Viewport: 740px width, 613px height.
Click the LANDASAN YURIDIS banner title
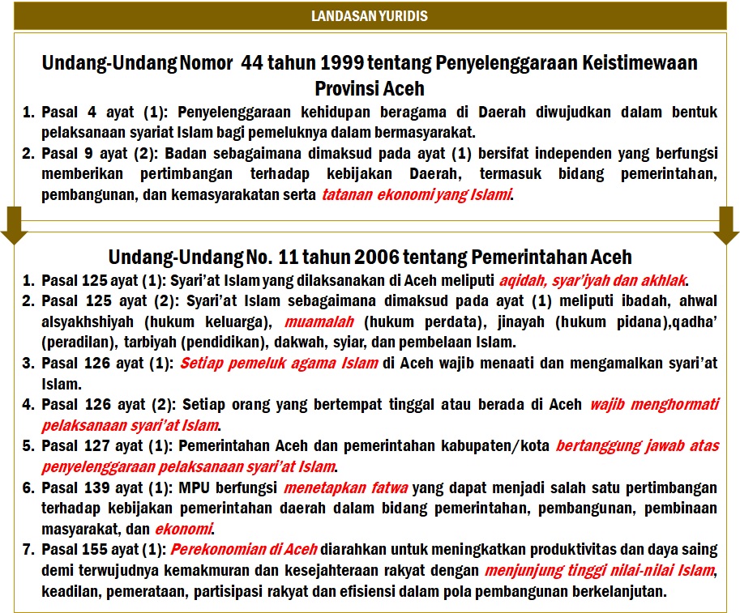[370, 15]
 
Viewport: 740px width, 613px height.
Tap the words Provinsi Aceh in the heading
[370, 87]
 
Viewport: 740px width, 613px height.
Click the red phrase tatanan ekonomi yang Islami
[417, 194]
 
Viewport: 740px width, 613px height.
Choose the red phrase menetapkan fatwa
[348, 487]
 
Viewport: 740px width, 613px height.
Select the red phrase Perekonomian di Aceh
[242, 550]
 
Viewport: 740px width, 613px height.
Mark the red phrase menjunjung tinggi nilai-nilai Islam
[600, 571]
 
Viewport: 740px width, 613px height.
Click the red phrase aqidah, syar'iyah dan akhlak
[592, 280]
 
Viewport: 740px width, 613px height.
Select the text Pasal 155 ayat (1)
[104, 550]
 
